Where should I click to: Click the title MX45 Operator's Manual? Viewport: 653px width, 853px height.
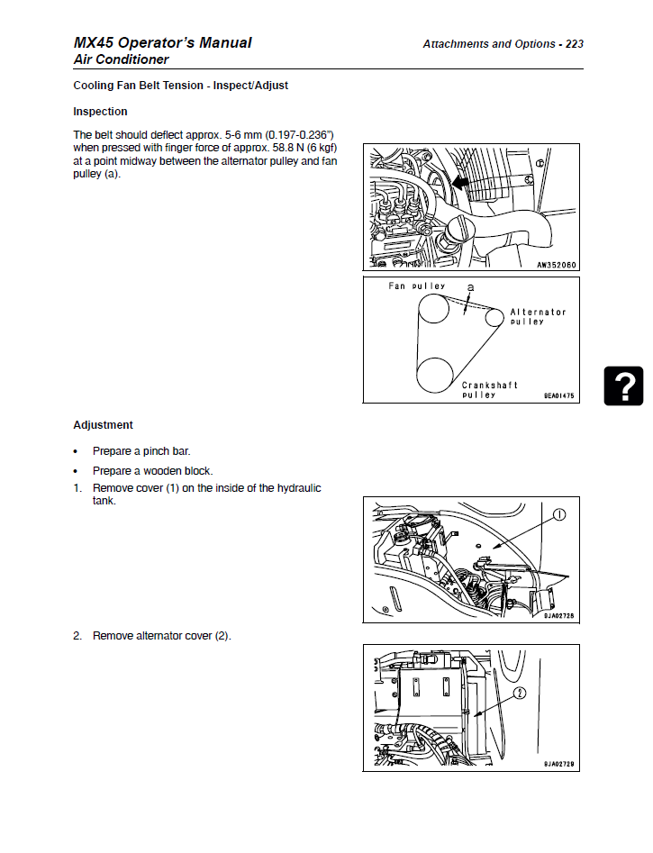(x=163, y=42)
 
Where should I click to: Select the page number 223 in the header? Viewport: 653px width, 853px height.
(x=574, y=43)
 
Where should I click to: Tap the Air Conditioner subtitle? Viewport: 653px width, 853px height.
(x=121, y=59)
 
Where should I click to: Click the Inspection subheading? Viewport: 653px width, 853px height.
(x=100, y=112)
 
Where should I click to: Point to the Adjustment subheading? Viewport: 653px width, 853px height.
(x=103, y=425)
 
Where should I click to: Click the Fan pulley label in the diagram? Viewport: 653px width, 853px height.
(x=416, y=286)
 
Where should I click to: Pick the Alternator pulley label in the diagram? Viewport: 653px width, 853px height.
(x=538, y=316)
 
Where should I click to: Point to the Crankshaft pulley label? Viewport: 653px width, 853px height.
(x=489, y=389)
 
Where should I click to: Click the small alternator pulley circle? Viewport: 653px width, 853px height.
(x=494, y=317)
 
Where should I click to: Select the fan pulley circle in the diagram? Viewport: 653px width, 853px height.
(x=432, y=307)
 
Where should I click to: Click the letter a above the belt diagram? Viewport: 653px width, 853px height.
(x=469, y=286)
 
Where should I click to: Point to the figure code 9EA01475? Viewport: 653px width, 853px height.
(x=558, y=396)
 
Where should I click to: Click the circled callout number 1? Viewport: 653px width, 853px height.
(x=558, y=516)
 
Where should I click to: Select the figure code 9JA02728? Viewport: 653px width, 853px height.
(x=558, y=616)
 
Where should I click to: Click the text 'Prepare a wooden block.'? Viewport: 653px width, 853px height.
(x=152, y=470)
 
